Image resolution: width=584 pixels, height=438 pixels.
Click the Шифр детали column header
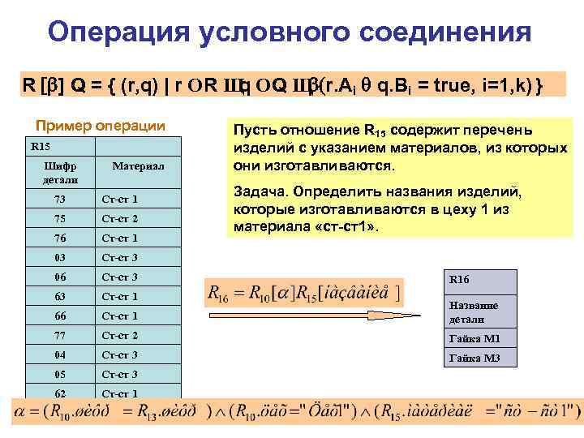tap(61, 172)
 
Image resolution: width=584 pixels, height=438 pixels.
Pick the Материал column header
tap(138, 165)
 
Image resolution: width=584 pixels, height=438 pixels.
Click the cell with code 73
tap(61, 200)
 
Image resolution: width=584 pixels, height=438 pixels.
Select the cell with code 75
tap(61, 219)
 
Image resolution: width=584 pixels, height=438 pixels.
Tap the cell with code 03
tap(61, 258)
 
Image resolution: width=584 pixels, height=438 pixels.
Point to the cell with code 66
tap(61, 316)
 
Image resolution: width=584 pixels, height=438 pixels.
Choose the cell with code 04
tap(61, 355)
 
